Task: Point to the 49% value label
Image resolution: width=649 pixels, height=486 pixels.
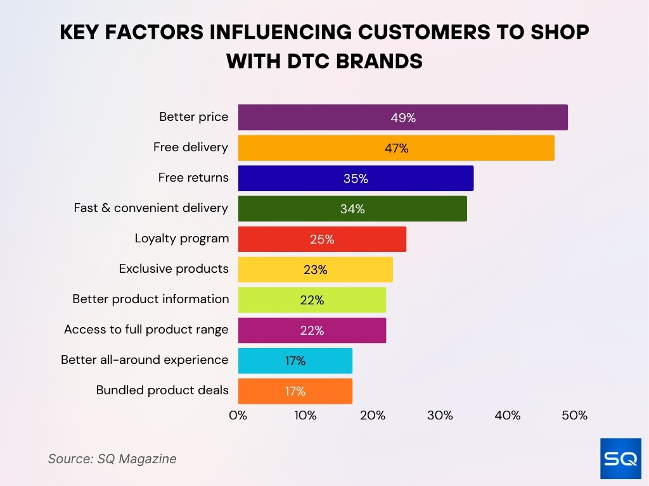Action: pyautogui.click(x=403, y=118)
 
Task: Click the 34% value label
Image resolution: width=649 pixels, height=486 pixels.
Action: pyautogui.click(x=352, y=209)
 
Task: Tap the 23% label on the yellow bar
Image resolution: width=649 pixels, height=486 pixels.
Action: pyautogui.click(x=315, y=270)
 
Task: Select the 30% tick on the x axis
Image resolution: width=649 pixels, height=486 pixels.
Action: pyautogui.click(x=440, y=416)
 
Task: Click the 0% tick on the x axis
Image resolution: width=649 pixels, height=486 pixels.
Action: pyautogui.click(x=238, y=416)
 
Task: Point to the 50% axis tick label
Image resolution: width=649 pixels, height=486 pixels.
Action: pyautogui.click(x=575, y=416)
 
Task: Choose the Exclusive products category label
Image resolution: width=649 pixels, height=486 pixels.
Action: pyautogui.click(x=174, y=269)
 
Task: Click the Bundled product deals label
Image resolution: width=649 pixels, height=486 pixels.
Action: pyautogui.click(x=162, y=390)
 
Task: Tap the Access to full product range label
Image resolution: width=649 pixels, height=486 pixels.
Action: pyautogui.click(x=146, y=330)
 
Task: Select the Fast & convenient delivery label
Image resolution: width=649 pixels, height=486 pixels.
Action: pyautogui.click(x=151, y=208)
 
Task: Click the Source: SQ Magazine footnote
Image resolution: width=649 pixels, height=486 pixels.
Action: pyautogui.click(x=112, y=459)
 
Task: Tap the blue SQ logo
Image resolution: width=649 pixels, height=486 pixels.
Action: pyautogui.click(x=620, y=458)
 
